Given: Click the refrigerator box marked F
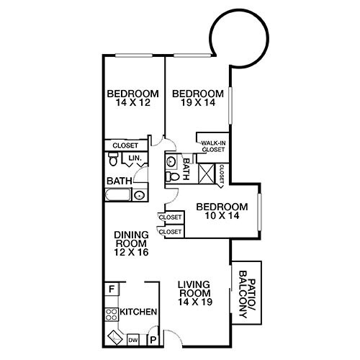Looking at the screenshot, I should [111, 289].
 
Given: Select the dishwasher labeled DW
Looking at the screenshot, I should [133, 338].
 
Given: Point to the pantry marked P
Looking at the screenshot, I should [153, 338].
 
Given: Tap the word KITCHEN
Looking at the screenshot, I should [138, 312].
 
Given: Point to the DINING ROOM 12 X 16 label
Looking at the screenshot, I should [131, 243].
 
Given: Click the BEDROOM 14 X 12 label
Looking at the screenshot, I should [132, 99].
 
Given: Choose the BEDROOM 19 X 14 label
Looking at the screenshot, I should [197, 99].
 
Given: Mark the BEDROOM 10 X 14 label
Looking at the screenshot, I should [222, 212].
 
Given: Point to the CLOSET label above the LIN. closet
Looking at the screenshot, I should [125, 145].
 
